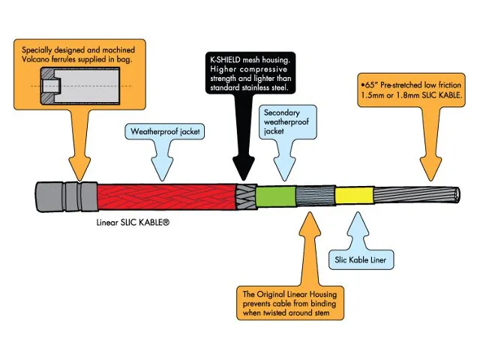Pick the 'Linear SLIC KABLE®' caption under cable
tap(133, 223)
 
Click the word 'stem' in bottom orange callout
tap(354, 315)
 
